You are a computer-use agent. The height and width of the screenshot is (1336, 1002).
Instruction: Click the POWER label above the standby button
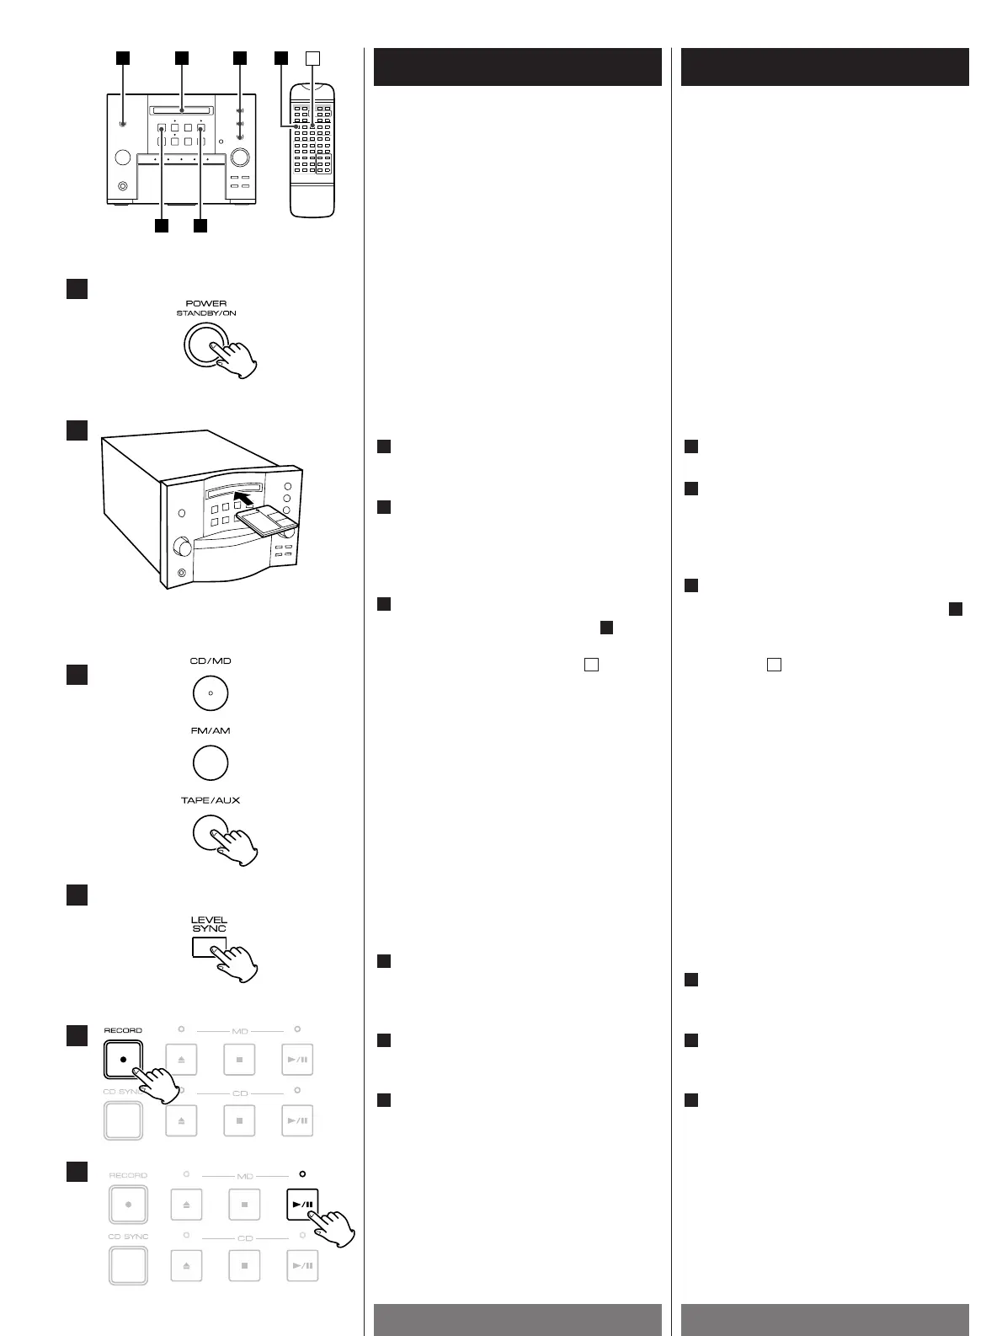click(206, 303)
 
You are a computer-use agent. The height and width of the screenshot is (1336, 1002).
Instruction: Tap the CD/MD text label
click(210, 661)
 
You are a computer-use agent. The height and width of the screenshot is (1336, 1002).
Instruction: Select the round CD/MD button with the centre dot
click(210, 694)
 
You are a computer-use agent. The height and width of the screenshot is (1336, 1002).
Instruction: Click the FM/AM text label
click(210, 730)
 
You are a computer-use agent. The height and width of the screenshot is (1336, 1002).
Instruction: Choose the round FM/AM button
click(210, 764)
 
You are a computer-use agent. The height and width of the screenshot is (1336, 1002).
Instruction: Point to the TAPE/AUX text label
click(210, 800)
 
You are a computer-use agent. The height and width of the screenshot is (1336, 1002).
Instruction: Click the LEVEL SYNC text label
click(209, 924)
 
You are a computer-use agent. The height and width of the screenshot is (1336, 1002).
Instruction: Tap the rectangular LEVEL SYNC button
click(208, 948)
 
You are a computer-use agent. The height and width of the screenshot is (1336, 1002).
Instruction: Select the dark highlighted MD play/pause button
click(302, 1205)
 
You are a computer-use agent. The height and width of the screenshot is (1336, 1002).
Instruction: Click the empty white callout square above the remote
click(312, 58)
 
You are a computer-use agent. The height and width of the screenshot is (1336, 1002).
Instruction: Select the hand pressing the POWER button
click(237, 361)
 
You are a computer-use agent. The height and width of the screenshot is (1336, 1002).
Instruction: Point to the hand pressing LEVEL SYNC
click(238, 964)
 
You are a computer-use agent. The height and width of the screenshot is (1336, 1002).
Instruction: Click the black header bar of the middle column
click(517, 67)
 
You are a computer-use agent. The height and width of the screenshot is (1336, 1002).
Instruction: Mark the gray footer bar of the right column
click(824, 1319)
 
